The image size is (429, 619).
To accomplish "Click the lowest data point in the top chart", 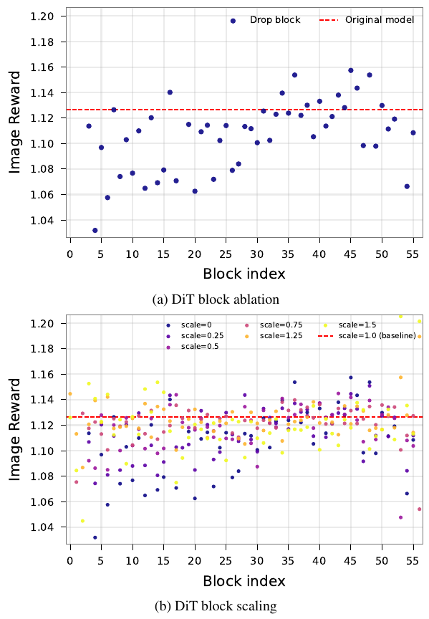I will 95,231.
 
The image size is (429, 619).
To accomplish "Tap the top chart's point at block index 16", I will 170,92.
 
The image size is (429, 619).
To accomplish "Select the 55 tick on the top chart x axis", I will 413,254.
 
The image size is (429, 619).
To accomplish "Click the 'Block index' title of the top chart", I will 244,274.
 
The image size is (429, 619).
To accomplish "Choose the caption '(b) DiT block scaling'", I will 216,606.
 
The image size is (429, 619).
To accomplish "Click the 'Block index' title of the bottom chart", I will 244,580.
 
